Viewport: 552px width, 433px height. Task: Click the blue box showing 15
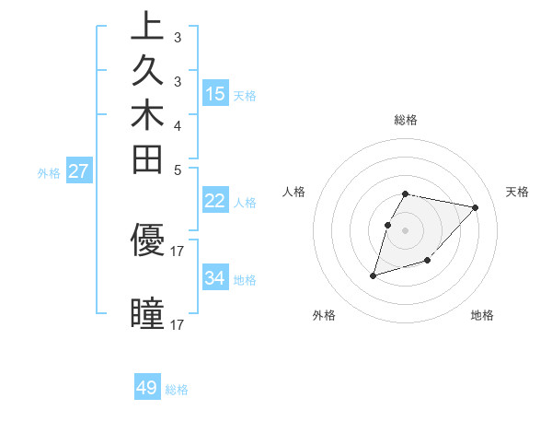point(215,94)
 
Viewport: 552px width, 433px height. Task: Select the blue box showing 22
point(215,202)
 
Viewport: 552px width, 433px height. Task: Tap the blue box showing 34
point(215,278)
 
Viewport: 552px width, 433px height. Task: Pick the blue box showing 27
point(78,170)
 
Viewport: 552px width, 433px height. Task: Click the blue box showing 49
point(147,388)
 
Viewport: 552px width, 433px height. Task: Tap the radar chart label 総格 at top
point(406,120)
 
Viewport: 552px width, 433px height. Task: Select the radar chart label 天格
point(517,192)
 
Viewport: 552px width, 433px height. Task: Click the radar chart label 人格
point(293,192)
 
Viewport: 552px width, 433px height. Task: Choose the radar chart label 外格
point(324,315)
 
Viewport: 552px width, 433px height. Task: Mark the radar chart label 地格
point(482,315)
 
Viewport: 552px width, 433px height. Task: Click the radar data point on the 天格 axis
point(476,207)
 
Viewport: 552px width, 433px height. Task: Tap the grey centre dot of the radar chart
point(406,230)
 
